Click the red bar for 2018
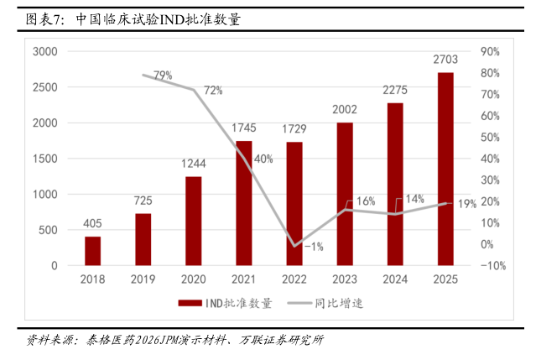coord(92,251)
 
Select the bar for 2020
coord(193,221)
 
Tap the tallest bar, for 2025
coord(445,169)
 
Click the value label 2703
coord(445,60)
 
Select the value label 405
coord(92,224)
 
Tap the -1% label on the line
coord(314,246)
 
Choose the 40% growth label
coord(263,159)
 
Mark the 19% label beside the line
coord(467,203)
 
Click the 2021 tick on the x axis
coord(243,279)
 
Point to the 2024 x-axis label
coord(394,279)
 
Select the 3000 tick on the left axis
coord(44,52)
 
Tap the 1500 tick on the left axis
coord(44,159)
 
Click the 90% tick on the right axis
coord(490,52)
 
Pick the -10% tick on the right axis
coord(492,266)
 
